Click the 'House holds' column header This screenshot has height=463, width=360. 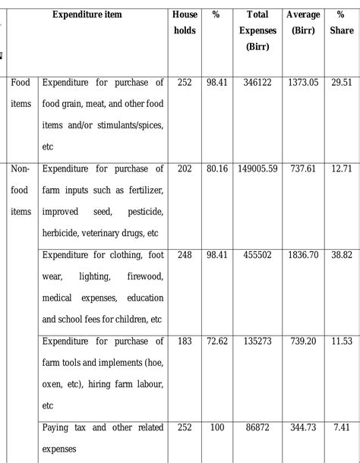184,23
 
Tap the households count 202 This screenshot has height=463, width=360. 184,169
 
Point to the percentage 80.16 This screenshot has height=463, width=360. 216,169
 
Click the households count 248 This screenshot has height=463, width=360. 184,256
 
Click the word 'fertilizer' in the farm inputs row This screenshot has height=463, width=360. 141,191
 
